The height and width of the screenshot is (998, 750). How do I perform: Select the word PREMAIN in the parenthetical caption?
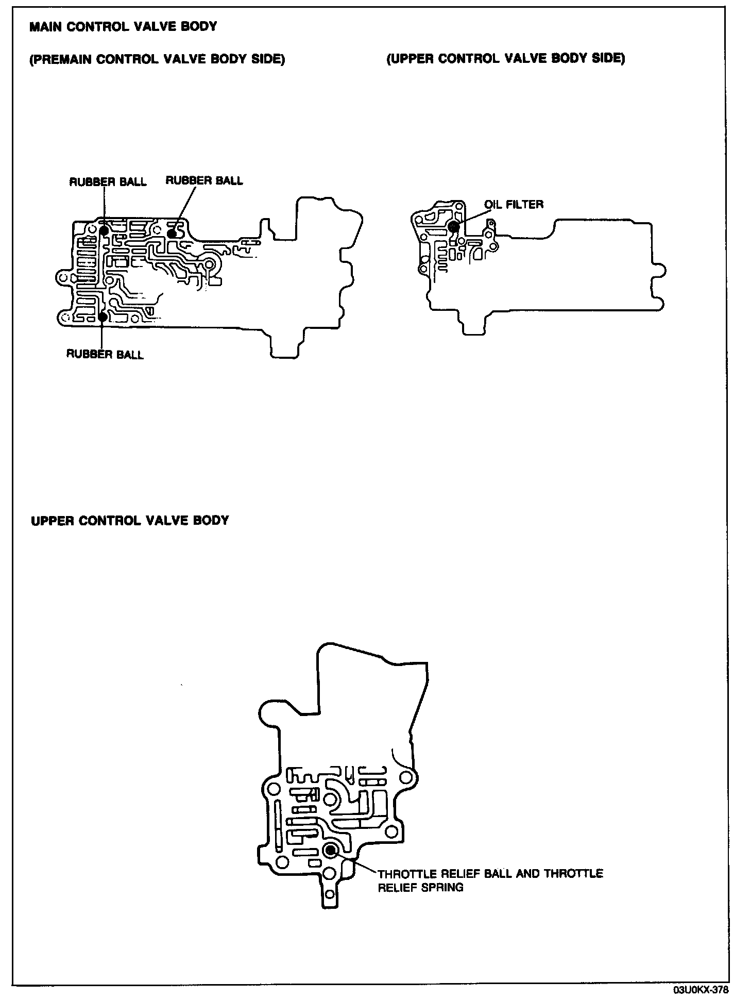click(x=62, y=59)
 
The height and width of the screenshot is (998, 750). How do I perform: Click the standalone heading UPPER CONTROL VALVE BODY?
click(x=130, y=520)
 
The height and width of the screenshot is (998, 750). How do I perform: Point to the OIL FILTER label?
click(x=514, y=204)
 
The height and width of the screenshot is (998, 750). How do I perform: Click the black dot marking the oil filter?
click(x=454, y=226)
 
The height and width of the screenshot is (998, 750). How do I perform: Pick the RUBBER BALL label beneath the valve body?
click(x=105, y=354)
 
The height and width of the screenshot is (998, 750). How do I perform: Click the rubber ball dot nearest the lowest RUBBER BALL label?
click(x=103, y=317)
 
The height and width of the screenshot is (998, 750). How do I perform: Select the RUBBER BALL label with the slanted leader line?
click(x=204, y=180)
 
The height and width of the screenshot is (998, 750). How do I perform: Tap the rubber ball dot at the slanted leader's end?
click(x=172, y=234)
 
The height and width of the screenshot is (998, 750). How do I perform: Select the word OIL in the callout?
click(x=493, y=204)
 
